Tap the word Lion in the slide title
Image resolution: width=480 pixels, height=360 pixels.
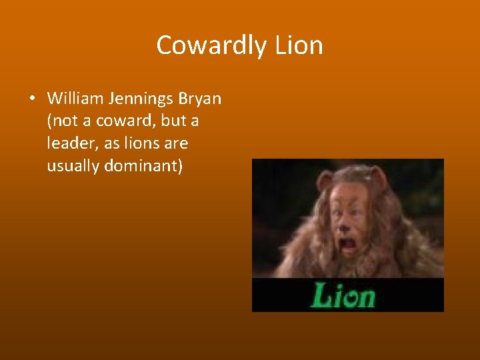tap(298, 45)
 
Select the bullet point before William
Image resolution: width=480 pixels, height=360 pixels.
tap(32, 99)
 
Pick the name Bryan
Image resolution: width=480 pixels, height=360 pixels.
tap(199, 99)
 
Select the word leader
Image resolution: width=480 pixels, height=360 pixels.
tap(69, 143)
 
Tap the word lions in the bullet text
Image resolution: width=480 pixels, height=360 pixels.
tap(139, 143)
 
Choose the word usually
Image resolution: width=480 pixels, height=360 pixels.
tap(73, 166)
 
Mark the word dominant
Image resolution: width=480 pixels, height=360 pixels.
tap(143, 166)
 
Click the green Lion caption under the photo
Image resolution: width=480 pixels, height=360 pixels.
tap(342, 295)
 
